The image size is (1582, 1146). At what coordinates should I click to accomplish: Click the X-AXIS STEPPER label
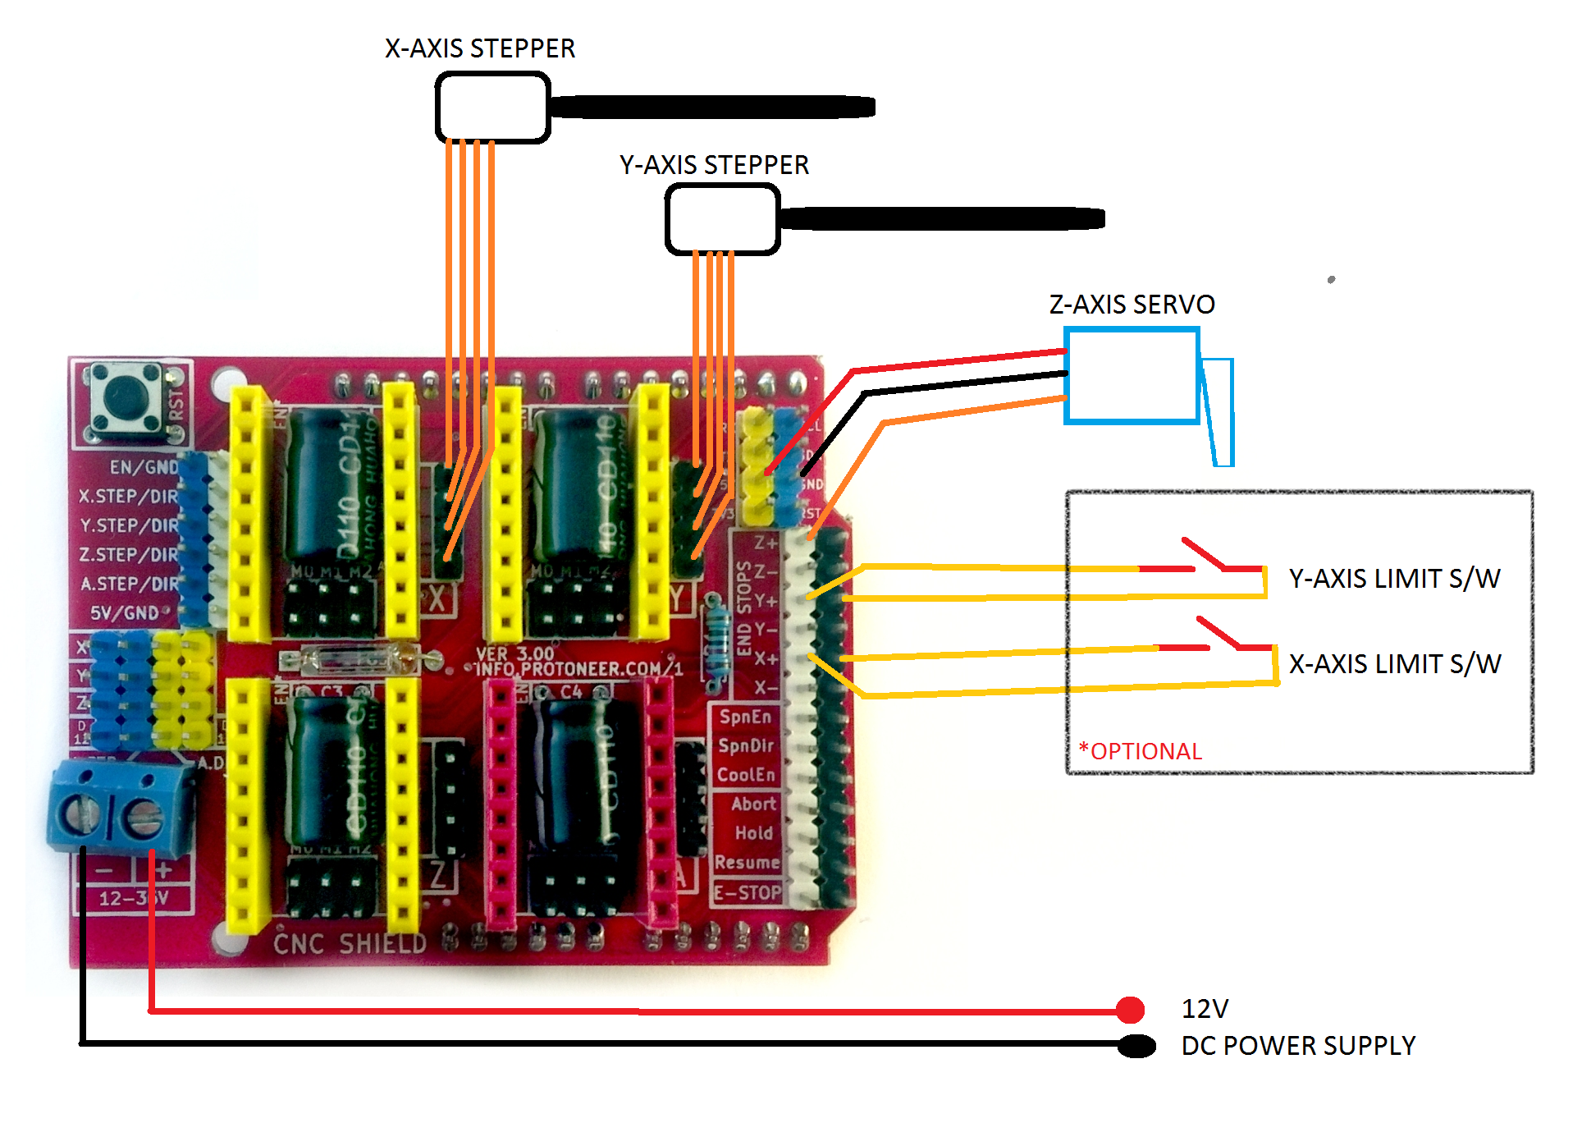[x=480, y=48]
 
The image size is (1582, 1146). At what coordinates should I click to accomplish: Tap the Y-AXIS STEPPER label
[x=714, y=165]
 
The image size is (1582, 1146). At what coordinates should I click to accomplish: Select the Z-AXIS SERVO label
[x=1132, y=305]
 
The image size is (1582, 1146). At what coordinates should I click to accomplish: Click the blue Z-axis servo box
[x=1132, y=376]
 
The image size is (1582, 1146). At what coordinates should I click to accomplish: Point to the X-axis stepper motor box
[x=492, y=108]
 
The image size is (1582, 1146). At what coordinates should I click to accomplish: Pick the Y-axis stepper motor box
[x=722, y=219]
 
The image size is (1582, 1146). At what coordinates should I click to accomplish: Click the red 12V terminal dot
[x=1130, y=1010]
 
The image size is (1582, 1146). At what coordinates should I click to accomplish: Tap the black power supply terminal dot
[x=1136, y=1046]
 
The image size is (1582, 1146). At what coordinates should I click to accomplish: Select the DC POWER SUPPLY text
[x=1298, y=1046]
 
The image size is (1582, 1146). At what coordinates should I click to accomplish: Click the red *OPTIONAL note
[x=1141, y=751]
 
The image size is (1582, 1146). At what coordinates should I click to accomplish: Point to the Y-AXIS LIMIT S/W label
[x=1394, y=579]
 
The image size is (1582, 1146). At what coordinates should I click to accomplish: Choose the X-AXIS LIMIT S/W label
[x=1394, y=664]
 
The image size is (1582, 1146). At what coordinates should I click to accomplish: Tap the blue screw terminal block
[x=119, y=809]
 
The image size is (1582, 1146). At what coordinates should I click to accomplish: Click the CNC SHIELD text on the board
[x=350, y=944]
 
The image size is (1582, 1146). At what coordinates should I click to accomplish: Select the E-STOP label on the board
[x=747, y=892]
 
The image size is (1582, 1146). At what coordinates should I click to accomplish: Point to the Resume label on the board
[x=747, y=863]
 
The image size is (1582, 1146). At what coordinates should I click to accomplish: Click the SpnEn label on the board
[x=745, y=717]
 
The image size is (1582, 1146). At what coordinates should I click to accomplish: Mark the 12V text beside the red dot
[x=1205, y=1009]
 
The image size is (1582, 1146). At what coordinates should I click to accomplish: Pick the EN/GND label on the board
[x=144, y=467]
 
